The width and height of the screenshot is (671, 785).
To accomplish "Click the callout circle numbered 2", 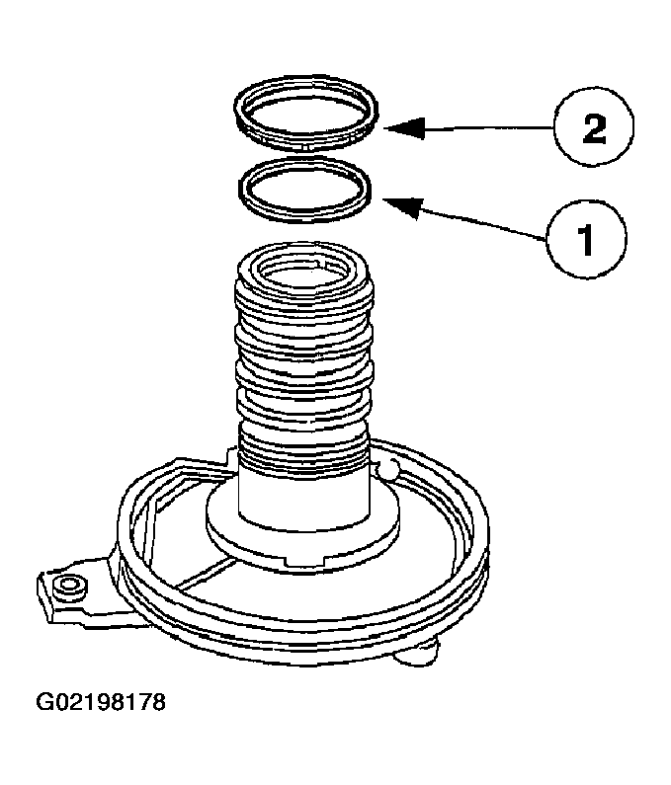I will point(594,130).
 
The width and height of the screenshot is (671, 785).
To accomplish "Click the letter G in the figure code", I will point(44,704).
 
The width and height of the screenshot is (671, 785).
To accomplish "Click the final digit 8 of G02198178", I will point(158,704).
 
